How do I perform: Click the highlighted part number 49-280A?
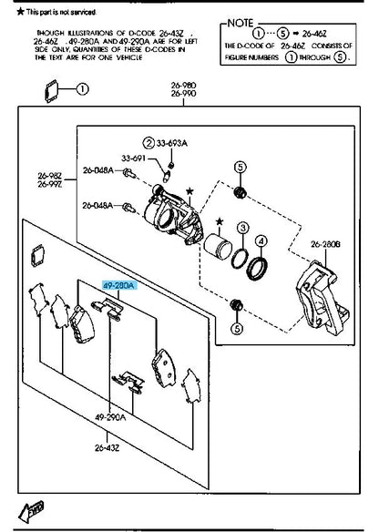pos(119,285)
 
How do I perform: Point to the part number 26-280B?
pos(325,244)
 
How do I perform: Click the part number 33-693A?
pos(173,143)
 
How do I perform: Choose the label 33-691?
pos(134,159)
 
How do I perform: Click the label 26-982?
pos(49,176)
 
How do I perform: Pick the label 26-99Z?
pos(49,185)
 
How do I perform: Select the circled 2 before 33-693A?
pos(147,143)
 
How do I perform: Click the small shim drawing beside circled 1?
pos(52,89)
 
